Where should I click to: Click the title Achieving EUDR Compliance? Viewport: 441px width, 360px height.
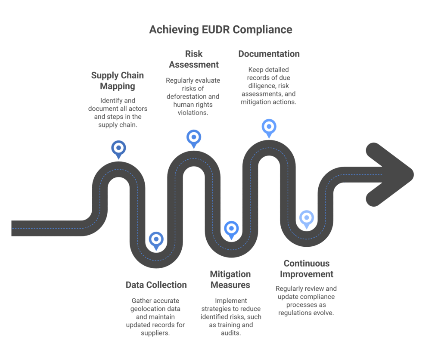click(x=221, y=30)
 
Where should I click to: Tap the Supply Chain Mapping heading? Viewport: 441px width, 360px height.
click(x=118, y=81)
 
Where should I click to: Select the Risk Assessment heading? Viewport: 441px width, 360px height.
click(x=194, y=59)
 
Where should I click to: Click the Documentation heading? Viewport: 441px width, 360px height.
click(x=269, y=54)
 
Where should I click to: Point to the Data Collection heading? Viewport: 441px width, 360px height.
click(x=156, y=285)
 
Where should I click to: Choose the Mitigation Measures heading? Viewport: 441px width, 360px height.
click(x=230, y=279)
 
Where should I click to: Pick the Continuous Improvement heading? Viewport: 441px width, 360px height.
click(x=307, y=269)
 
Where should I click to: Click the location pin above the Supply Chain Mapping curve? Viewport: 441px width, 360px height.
click(x=118, y=149)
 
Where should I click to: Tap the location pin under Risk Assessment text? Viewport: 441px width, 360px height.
click(x=194, y=139)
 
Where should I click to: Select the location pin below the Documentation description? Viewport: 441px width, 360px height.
click(x=269, y=128)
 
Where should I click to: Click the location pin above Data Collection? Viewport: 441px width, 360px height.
click(x=156, y=241)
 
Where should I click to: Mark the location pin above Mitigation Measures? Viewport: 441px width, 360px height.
click(x=231, y=230)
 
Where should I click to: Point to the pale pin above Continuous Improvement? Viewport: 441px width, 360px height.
click(x=307, y=219)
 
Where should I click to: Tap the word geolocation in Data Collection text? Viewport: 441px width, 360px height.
click(x=155, y=309)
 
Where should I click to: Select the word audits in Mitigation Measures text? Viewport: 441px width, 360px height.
click(x=231, y=333)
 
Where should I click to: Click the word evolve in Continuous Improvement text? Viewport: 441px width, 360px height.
click(x=324, y=313)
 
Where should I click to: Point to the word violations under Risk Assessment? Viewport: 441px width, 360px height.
click(x=193, y=112)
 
